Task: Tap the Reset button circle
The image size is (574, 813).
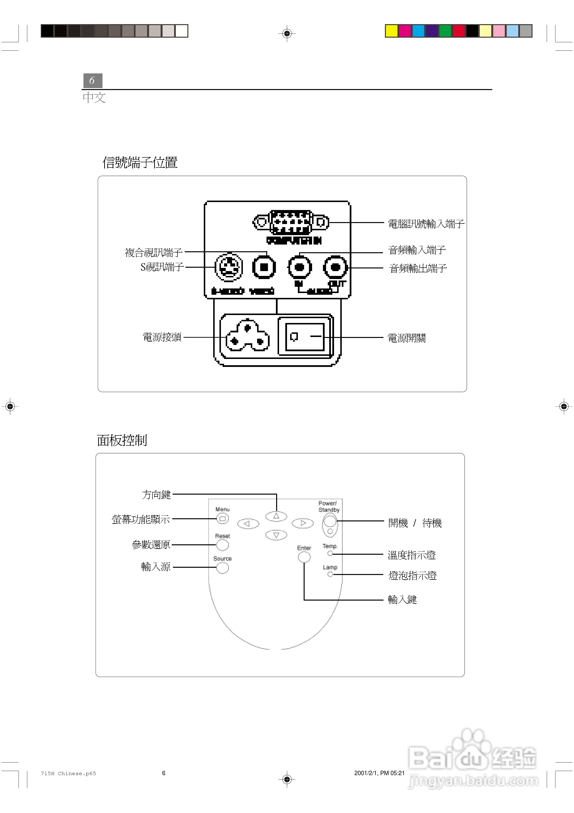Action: coord(222,545)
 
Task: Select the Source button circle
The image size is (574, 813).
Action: coord(222,568)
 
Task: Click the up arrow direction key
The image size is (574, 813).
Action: coord(276,516)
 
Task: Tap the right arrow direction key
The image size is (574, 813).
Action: coord(303,523)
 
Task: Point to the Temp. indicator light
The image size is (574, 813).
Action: coord(330,554)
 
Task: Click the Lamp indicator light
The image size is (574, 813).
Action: coord(330,574)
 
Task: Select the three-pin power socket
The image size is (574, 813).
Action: coord(248,336)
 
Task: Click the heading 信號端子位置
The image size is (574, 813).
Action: coord(140,162)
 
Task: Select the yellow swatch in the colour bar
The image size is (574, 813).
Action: coord(391,31)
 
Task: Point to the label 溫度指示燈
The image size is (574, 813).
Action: coord(411,555)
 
